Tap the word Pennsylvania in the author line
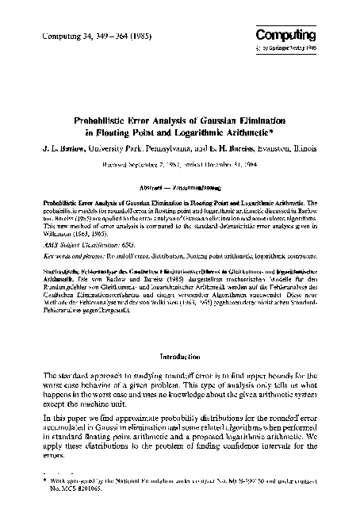(158, 148)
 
